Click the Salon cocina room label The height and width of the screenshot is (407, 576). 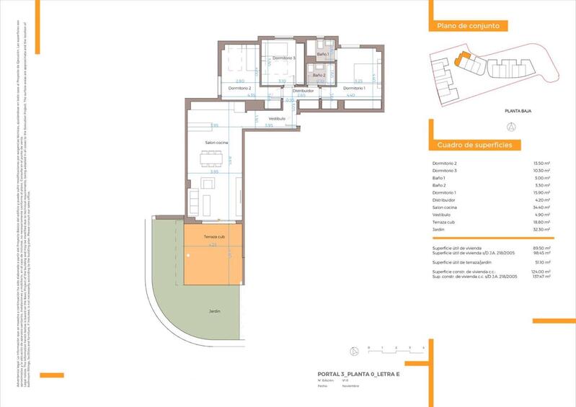(217, 143)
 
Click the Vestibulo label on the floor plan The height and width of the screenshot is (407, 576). (277, 118)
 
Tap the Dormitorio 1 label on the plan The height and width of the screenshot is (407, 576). (354, 88)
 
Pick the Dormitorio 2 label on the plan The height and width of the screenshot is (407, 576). (239, 88)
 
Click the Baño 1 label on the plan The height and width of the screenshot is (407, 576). (322, 54)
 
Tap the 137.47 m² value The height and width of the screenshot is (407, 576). (541, 276)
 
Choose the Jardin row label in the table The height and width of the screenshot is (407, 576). (438, 229)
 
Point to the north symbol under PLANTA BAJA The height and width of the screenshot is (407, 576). (511, 126)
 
